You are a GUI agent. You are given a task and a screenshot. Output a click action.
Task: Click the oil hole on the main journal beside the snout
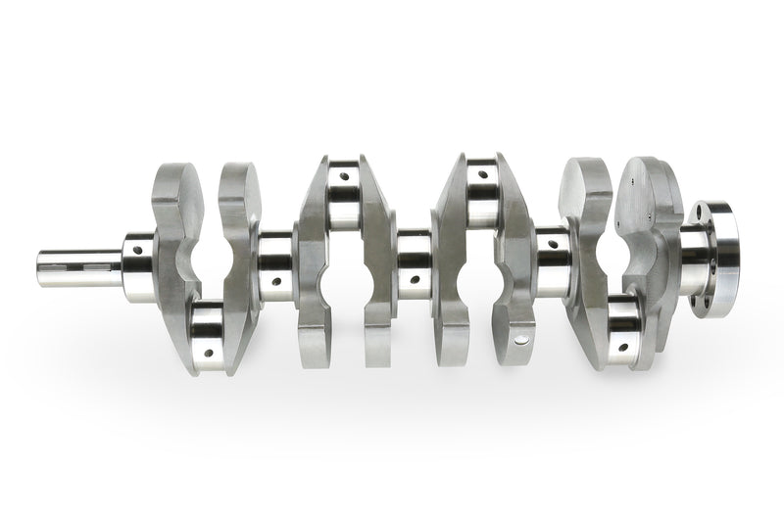[x=136, y=250]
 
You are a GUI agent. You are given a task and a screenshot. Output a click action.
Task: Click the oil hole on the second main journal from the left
[x=276, y=281]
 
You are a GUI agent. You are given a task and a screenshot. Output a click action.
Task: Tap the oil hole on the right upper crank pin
[x=482, y=176]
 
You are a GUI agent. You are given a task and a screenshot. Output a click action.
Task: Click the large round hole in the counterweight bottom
[x=521, y=339]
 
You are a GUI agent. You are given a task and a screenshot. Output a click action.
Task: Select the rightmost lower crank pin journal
[x=622, y=327]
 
